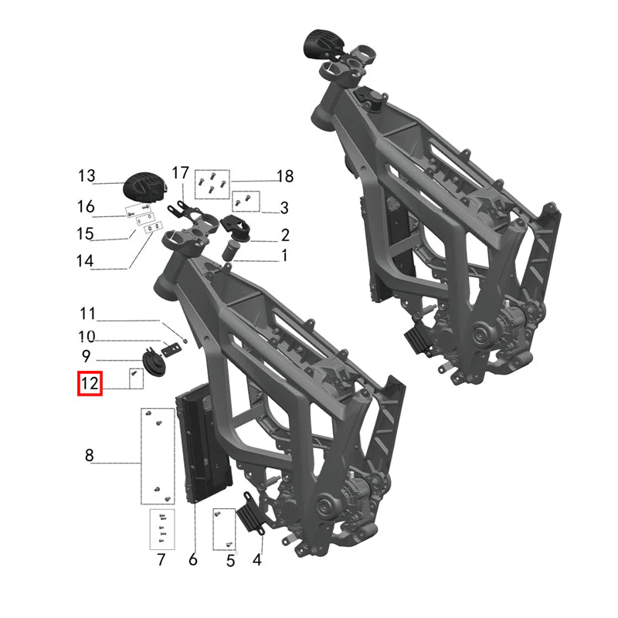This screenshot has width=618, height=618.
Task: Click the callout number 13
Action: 87,176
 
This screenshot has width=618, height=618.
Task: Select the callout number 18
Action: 285,176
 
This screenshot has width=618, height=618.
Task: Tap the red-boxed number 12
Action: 90,383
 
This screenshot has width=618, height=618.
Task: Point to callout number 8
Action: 90,455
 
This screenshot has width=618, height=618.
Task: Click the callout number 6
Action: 192,559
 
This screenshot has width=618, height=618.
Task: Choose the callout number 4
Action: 257,559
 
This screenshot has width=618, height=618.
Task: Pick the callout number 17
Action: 181,172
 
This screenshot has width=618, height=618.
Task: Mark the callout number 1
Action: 284,256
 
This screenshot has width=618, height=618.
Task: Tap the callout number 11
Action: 87,314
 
